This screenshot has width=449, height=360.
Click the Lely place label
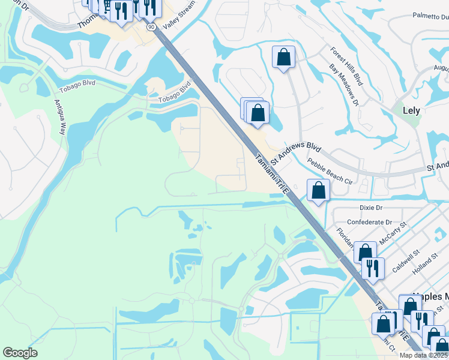pyautogui.click(x=411, y=110)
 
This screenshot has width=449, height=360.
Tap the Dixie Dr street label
pyautogui.click(x=370, y=208)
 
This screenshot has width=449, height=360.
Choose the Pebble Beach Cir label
pyautogui.click(x=330, y=170)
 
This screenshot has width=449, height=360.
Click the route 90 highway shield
pyautogui.click(x=150, y=28)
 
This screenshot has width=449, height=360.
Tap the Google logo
pyautogui.click(x=20, y=353)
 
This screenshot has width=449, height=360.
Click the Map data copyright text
pyautogui.click(x=423, y=355)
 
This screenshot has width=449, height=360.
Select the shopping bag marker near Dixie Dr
pyautogui.click(x=318, y=191)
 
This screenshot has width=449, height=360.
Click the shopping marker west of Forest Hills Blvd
pyautogui.click(x=283, y=58)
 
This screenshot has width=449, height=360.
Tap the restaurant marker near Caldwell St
pyautogui.click(x=373, y=269)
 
